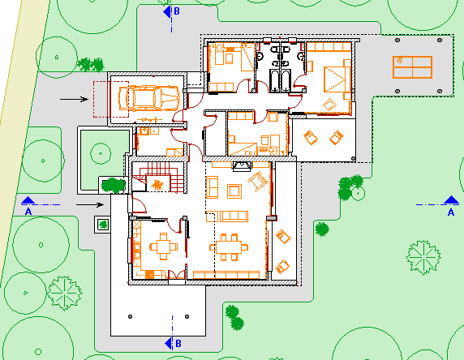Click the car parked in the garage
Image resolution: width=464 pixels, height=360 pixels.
[x=149, y=98]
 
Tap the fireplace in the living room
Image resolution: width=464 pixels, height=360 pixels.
[x=242, y=166]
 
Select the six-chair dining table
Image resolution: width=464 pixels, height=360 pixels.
[x=229, y=247]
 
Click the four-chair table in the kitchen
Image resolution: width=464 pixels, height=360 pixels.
[x=163, y=246]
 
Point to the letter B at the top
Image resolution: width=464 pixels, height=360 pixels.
[x=177, y=11]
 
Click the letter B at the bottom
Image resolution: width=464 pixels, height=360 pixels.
[x=178, y=344]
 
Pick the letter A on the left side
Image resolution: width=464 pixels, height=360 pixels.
[x=28, y=212]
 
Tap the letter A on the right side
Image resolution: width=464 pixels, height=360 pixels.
[x=451, y=212]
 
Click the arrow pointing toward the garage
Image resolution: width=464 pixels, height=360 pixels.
[x=74, y=99]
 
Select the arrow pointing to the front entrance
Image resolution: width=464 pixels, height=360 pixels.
[x=90, y=204]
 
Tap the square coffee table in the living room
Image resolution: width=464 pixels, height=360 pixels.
[x=234, y=191]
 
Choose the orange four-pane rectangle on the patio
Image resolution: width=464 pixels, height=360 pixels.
[x=412, y=67]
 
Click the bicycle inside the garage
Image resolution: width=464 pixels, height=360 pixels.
[x=147, y=119]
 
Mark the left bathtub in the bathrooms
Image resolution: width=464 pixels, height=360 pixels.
[x=274, y=80]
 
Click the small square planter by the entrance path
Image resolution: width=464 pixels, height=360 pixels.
[x=102, y=225]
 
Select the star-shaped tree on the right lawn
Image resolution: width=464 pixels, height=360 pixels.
[x=423, y=257]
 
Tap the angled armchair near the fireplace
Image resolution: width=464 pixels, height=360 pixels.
[x=258, y=181]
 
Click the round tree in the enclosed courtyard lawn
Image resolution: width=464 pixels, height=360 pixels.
[x=101, y=153]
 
